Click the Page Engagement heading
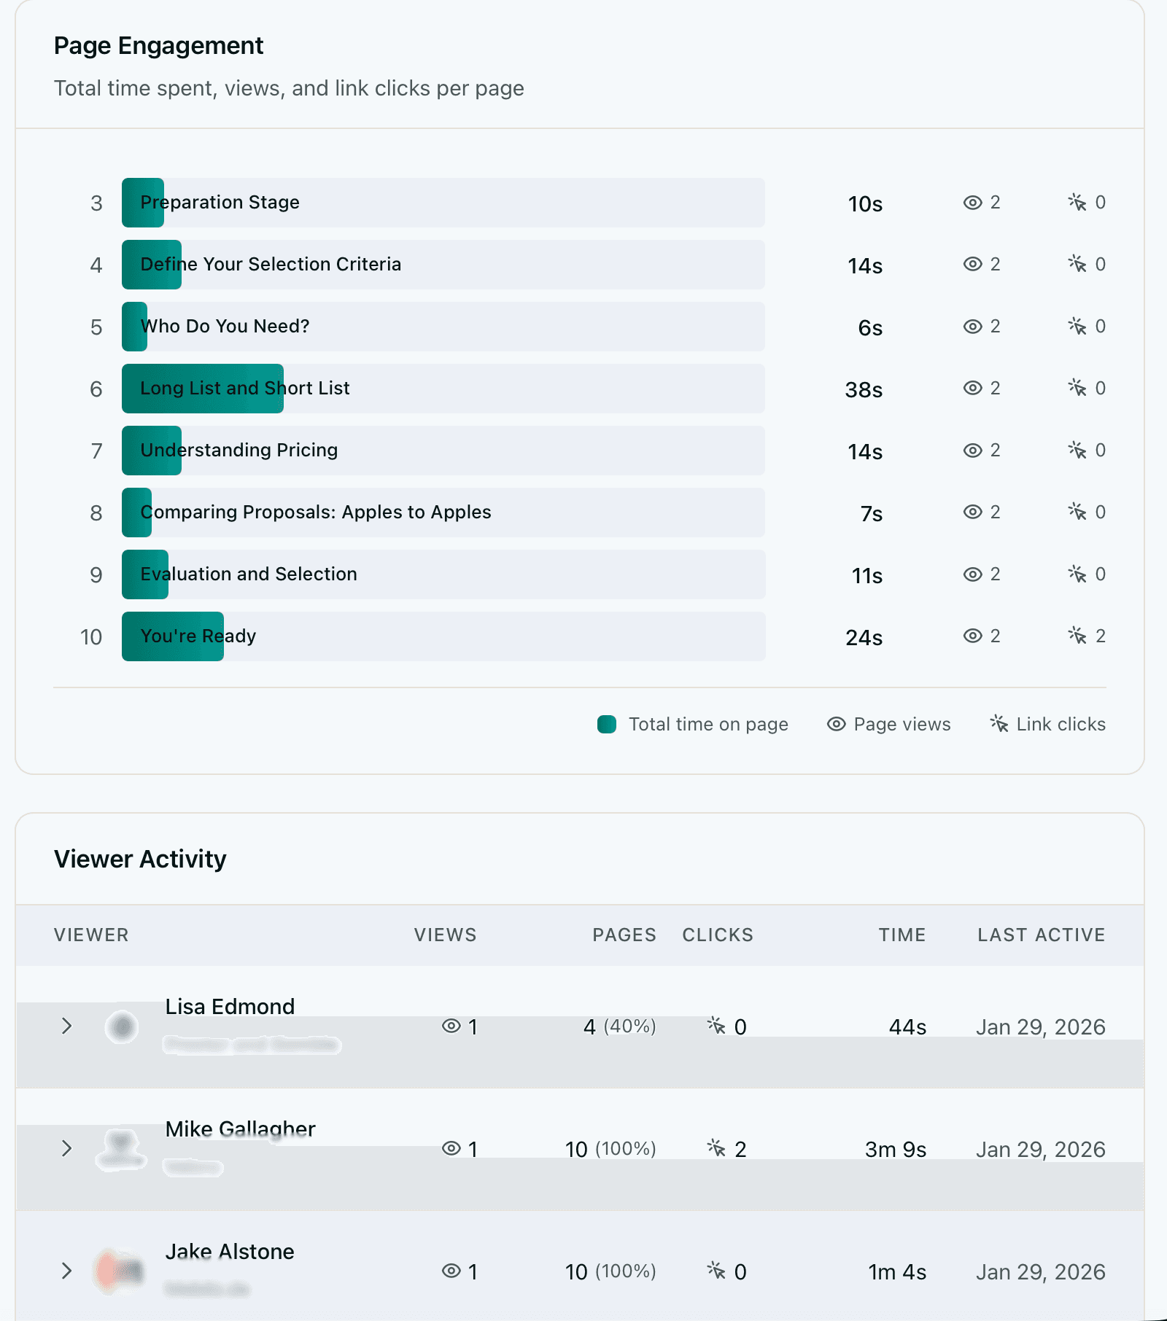158,46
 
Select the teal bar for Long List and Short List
203,389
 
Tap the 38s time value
864,390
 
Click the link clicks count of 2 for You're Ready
1100,636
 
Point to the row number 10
91,637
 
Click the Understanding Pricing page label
239,450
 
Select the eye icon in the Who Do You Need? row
973,327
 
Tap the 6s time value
870,328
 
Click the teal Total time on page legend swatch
607,724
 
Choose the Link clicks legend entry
1048,724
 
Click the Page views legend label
902,724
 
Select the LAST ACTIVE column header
1041,935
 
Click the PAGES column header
624,935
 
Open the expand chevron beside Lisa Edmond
66,1026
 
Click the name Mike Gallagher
240,1129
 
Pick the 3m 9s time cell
895,1150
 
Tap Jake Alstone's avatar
120,1271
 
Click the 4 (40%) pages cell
619,1026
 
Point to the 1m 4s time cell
896,1272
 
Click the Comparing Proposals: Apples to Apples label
316,512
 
